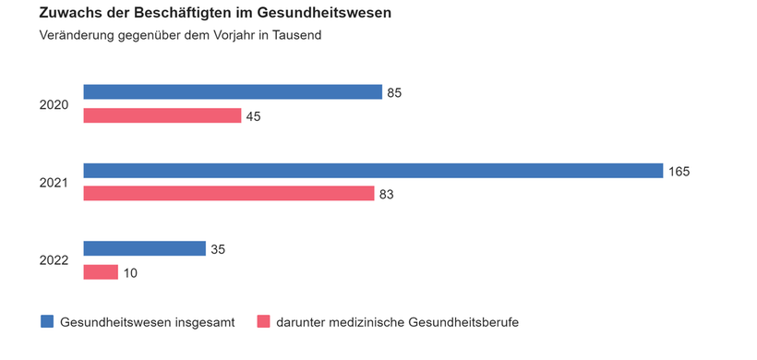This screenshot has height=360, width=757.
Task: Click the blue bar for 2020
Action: (233, 91)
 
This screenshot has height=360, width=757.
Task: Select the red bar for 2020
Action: (162, 115)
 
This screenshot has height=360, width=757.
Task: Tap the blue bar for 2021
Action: (373, 171)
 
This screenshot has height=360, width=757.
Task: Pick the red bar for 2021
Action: (229, 194)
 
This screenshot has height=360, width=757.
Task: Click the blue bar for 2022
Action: (144, 248)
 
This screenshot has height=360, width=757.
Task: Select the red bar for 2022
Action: (101, 272)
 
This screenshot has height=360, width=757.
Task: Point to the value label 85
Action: (394, 92)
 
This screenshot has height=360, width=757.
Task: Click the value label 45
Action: (253, 116)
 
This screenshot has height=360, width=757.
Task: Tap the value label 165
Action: (679, 171)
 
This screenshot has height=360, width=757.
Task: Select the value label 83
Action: (386, 195)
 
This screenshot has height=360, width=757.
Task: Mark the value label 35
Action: (218, 249)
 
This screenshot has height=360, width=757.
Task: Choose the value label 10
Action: (130, 273)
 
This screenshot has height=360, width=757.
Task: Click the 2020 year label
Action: (54, 104)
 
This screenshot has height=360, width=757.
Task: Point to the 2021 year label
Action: (54, 183)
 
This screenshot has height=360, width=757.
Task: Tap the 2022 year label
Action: (54, 261)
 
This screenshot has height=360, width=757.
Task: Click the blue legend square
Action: (47, 321)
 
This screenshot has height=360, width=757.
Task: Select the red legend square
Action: (262, 321)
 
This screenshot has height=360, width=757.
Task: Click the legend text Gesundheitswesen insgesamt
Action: (147, 322)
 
